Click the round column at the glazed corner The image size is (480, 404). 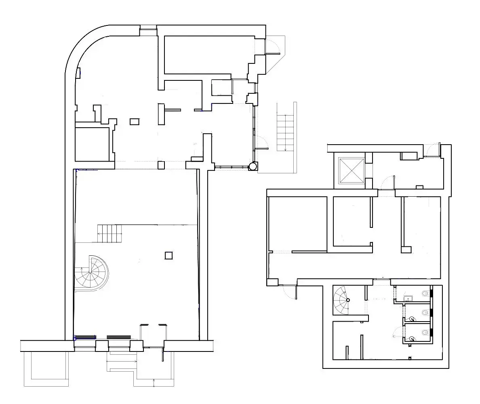(x=253, y=166)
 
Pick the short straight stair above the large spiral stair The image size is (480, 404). (x=109, y=233)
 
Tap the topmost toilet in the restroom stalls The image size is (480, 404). (x=425, y=293)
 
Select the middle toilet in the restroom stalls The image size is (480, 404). (x=425, y=312)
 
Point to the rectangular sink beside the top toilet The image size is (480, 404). (x=408, y=299)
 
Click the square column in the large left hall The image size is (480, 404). (x=168, y=255)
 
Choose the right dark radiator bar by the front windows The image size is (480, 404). (x=119, y=337)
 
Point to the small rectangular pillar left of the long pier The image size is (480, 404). (x=134, y=121)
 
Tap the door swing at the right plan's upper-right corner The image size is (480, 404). (x=433, y=149)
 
